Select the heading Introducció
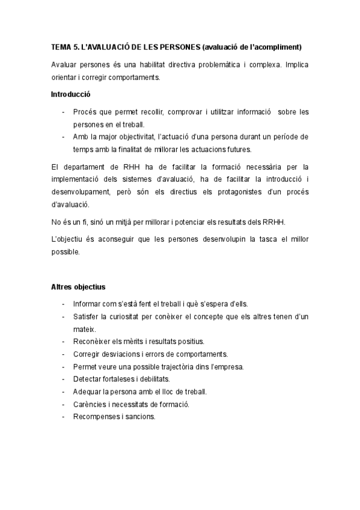coord(71,94)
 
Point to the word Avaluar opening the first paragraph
coord(64,64)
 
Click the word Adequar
coord(88,392)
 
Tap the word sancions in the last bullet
coord(139,416)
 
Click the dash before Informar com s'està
coord(63,304)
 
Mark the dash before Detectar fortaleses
coord(63,379)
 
